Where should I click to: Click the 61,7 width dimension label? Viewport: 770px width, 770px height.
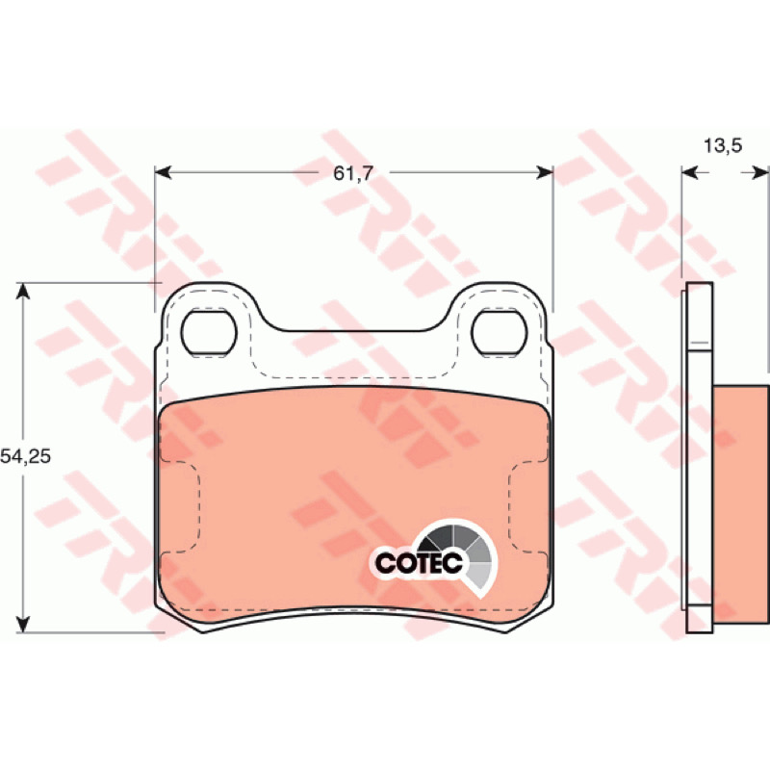[353, 173]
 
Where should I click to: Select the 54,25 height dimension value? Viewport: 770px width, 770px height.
[26, 456]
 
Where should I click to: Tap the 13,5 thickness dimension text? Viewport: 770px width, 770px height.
[723, 145]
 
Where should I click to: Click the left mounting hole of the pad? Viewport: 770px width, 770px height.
[209, 332]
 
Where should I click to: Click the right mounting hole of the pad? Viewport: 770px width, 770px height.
[499, 332]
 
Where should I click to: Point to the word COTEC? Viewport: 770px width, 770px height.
[419, 563]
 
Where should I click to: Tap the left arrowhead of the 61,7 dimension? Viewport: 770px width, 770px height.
[163, 172]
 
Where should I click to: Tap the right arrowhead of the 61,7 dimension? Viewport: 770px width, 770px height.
[545, 172]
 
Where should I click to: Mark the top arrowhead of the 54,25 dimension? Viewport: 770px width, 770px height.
[23, 291]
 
